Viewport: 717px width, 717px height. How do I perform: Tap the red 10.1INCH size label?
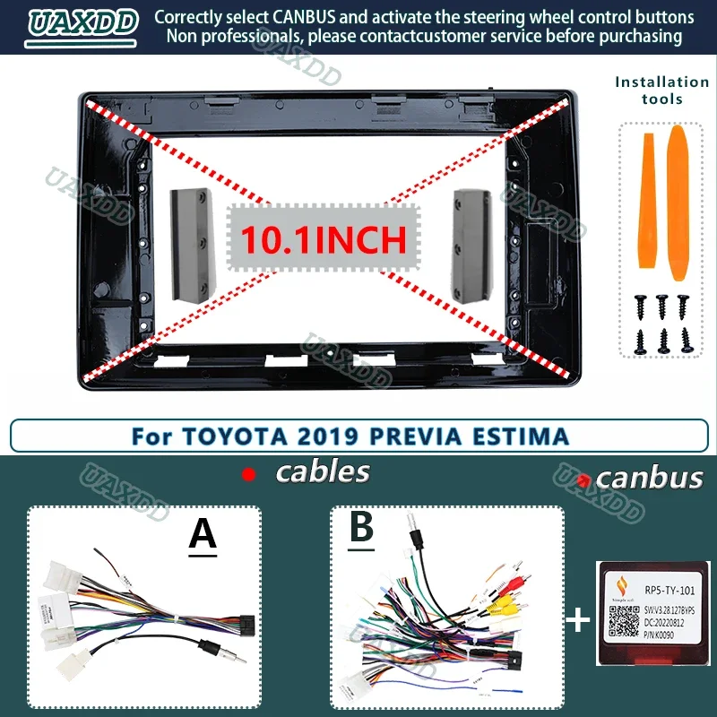coord(323,238)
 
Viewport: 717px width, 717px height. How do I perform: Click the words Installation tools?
coord(661,90)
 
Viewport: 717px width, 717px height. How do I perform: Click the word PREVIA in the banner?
coord(422,436)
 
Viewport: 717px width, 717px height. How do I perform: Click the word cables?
coord(323,471)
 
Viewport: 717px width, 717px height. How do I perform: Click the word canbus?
coord(649,478)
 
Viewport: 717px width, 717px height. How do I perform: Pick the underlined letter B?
coord(361,527)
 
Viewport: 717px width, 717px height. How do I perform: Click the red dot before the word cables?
coord(249,474)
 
